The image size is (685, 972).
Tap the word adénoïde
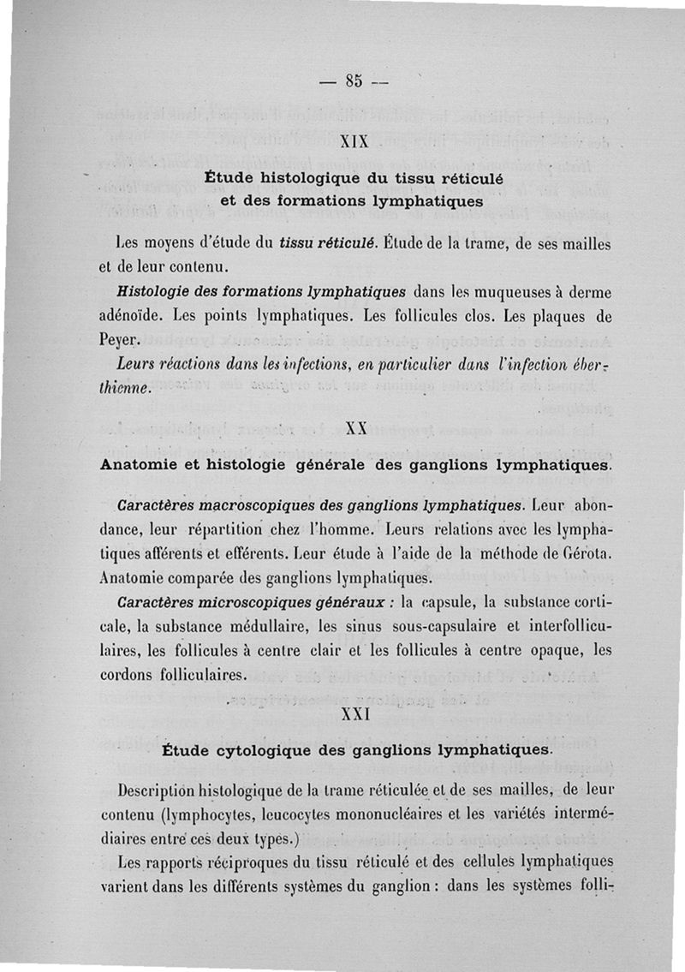pos(135,315)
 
